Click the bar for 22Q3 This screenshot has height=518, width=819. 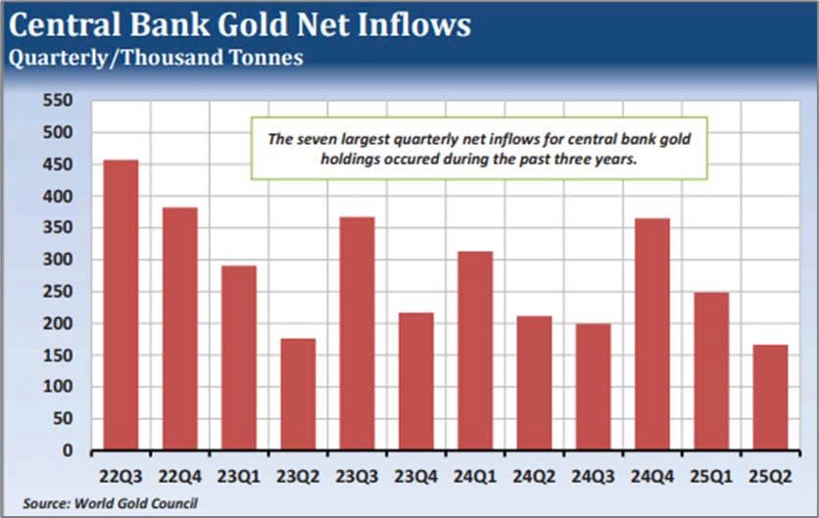(x=120, y=305)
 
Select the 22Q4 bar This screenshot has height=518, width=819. (x=179, y=329)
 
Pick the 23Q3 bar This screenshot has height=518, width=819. (x=357, y=334)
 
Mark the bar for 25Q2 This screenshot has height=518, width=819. (x=770, y=397)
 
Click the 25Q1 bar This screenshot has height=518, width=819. (x=711, y=371)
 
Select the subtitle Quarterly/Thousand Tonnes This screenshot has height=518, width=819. (x=156, y=58)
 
